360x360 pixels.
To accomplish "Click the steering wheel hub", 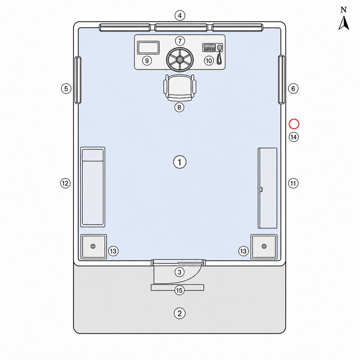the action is point(180,60).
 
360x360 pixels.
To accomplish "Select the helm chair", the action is point(180,88).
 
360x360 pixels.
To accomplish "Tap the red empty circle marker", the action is point(294,124).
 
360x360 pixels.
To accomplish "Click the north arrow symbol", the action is point(344,22).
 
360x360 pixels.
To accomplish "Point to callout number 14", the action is point(294,137).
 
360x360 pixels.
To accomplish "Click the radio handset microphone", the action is point(220,55).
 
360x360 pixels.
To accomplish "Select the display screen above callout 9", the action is point(148,48).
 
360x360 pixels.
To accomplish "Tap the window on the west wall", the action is point(78,80).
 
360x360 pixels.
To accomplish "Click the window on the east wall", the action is point(281,79).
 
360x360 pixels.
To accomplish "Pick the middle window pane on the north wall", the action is point(181,28).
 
